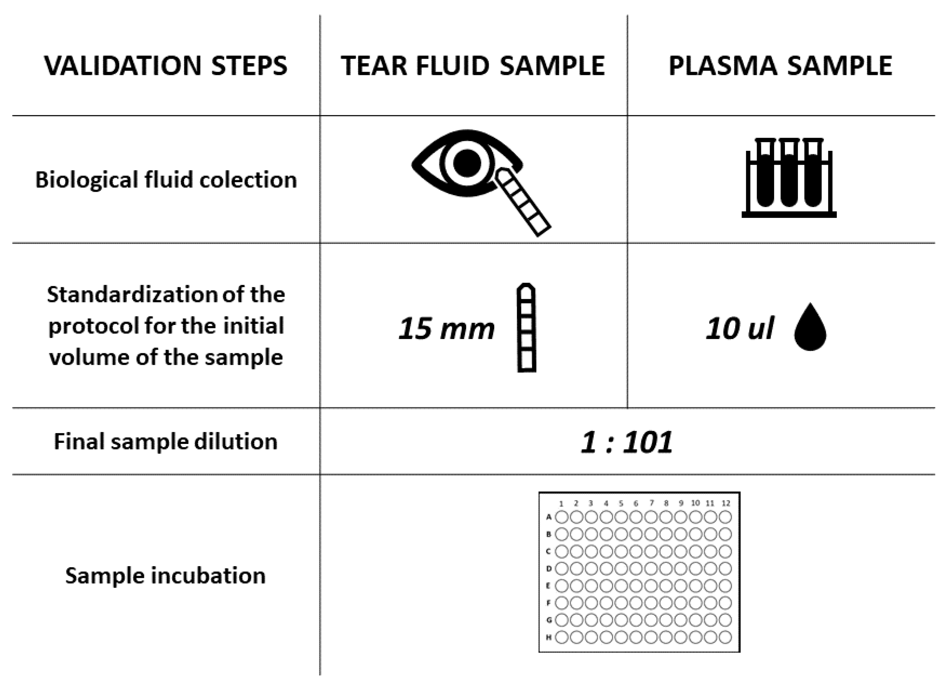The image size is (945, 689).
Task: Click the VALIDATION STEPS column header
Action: (x=165, y=66)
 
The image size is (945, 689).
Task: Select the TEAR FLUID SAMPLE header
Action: (x=473, y=66)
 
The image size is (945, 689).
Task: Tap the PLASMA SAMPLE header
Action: (x=780, y=66)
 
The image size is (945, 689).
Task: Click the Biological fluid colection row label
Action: (x=166, y=180)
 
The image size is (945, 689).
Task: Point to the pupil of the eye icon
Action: (x=467, y=163)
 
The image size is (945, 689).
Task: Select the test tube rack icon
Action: (x=789, y=177)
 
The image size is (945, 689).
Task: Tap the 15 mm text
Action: (x=446, y=329)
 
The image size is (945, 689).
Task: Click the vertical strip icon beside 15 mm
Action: (x=526, y=328)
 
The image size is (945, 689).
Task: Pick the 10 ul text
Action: (x=740, y=329)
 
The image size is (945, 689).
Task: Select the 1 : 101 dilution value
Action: (x=627, y=442)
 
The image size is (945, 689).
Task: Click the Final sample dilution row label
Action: (x=165, y=441)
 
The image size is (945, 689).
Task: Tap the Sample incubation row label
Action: (x=165, y=575)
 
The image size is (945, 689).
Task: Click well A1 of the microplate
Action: (x=561, y=517)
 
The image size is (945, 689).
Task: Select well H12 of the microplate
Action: (x=725, y=637)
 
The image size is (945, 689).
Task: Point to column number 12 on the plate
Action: (x=726, y=503)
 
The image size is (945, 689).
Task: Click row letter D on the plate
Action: (x=549, y=569)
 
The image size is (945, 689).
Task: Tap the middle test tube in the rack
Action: (x=789, y=175)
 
